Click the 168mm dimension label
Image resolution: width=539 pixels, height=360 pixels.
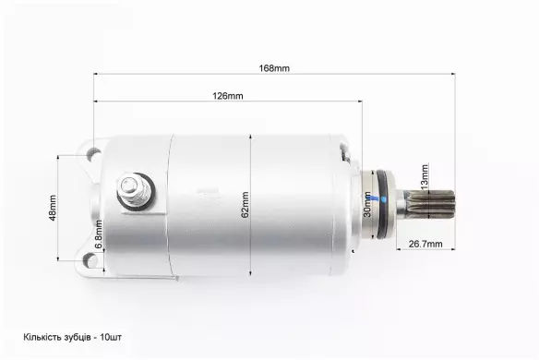[x=274, y=68]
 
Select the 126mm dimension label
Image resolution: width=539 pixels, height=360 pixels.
[x=228, y=96]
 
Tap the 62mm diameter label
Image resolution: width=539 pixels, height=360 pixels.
[x=245, y=205]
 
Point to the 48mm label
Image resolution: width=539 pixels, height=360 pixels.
[x=53, y=208]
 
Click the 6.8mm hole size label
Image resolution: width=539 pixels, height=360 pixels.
[x=99, y=234]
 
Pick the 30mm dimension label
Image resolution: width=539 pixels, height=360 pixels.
[x=367, y=204]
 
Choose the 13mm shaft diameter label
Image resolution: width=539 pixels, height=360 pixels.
[x=425, y=176]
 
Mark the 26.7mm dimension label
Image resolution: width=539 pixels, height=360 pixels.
[x=425, y=244]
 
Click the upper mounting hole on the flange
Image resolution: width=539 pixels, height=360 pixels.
[x=93, y=153]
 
